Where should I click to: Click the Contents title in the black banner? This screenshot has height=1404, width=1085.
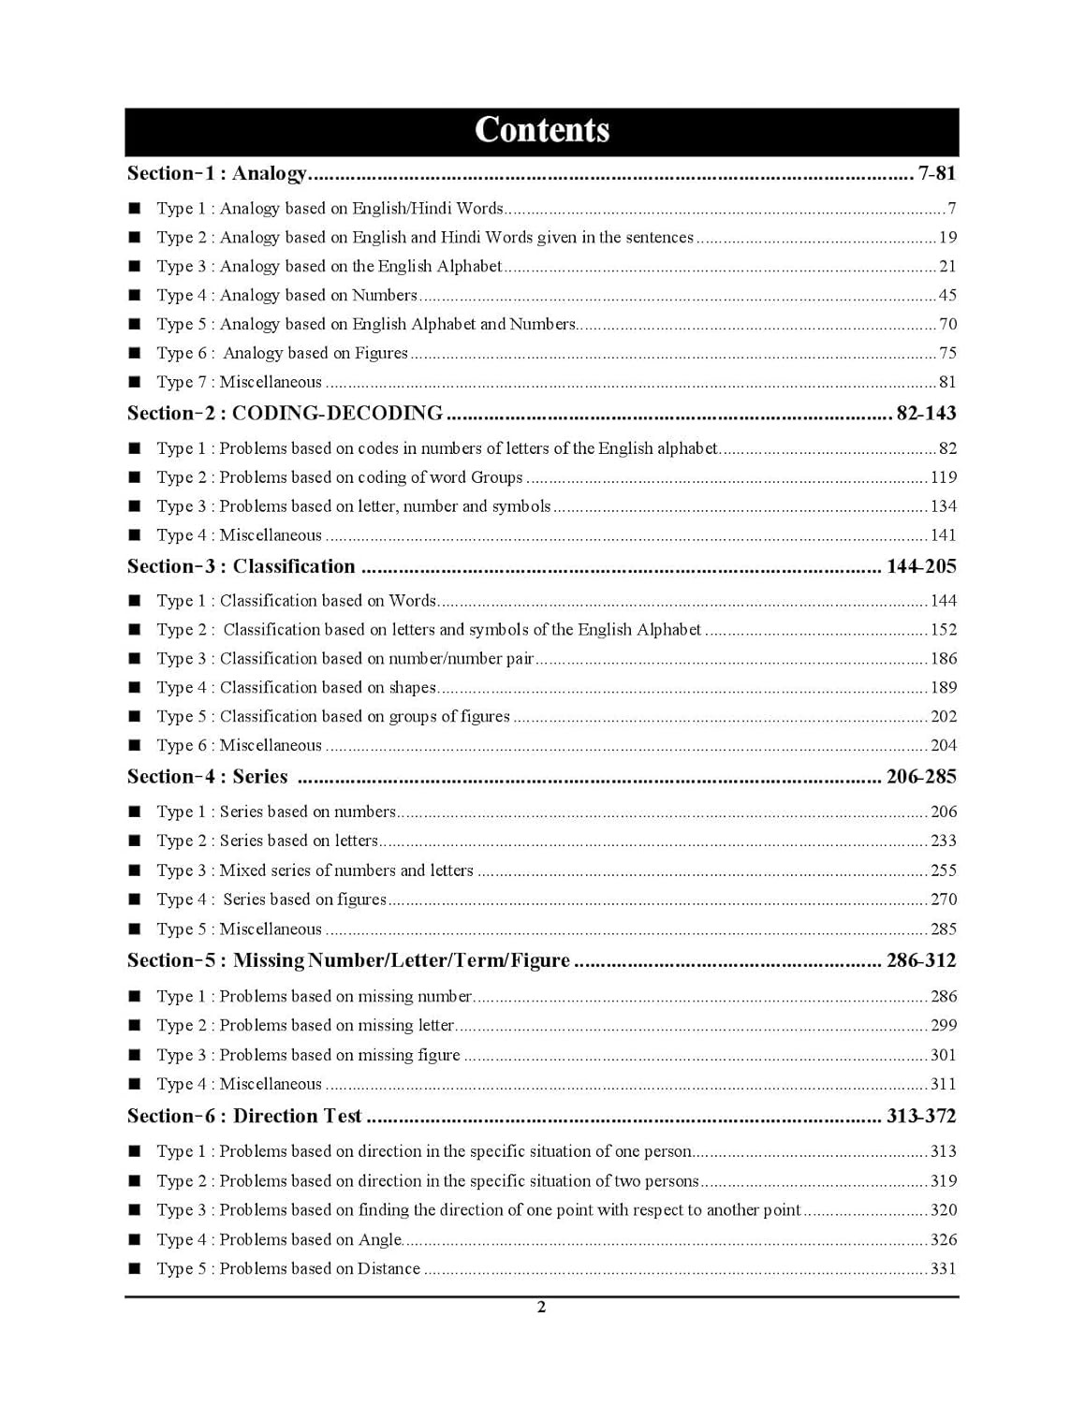point(541,130)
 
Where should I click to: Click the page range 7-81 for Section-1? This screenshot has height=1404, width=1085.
point(936,173)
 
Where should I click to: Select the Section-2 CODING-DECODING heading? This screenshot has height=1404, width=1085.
point(285,413)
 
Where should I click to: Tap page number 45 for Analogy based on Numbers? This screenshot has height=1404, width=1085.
point(947,295)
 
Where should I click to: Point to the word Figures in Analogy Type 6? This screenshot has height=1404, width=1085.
point(381,353)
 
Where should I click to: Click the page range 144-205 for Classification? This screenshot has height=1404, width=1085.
point(921,566)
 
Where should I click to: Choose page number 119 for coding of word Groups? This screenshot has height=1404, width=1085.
point(943,477)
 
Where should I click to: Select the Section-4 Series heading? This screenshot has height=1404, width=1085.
point(207,777)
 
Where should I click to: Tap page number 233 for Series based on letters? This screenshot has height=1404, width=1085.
point(943,841)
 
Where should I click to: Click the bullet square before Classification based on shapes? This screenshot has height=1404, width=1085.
point(135,688)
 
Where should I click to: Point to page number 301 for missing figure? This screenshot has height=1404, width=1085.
point(943,1055)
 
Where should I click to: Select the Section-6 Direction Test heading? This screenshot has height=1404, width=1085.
point(244,1116)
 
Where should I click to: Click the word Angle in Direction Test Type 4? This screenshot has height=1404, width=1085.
point(380,1239)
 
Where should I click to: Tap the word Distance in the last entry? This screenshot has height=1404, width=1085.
point(389,1268)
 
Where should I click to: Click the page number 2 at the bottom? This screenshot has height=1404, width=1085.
point(541,1308)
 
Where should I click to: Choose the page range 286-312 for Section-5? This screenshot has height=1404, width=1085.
point(921,960)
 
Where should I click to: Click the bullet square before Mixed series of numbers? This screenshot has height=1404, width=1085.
point(135,870)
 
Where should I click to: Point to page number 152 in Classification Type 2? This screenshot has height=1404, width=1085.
point(943,630)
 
